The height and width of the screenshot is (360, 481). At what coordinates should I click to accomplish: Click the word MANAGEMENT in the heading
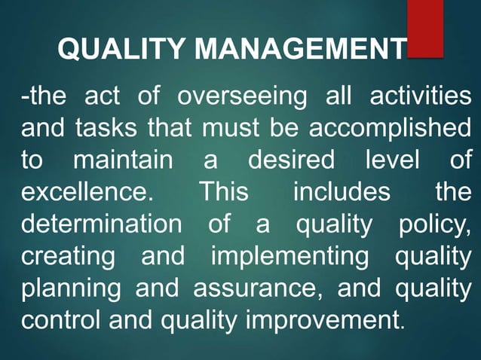pos(300,50)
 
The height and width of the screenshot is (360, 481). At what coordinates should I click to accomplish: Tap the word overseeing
pos(243,97)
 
